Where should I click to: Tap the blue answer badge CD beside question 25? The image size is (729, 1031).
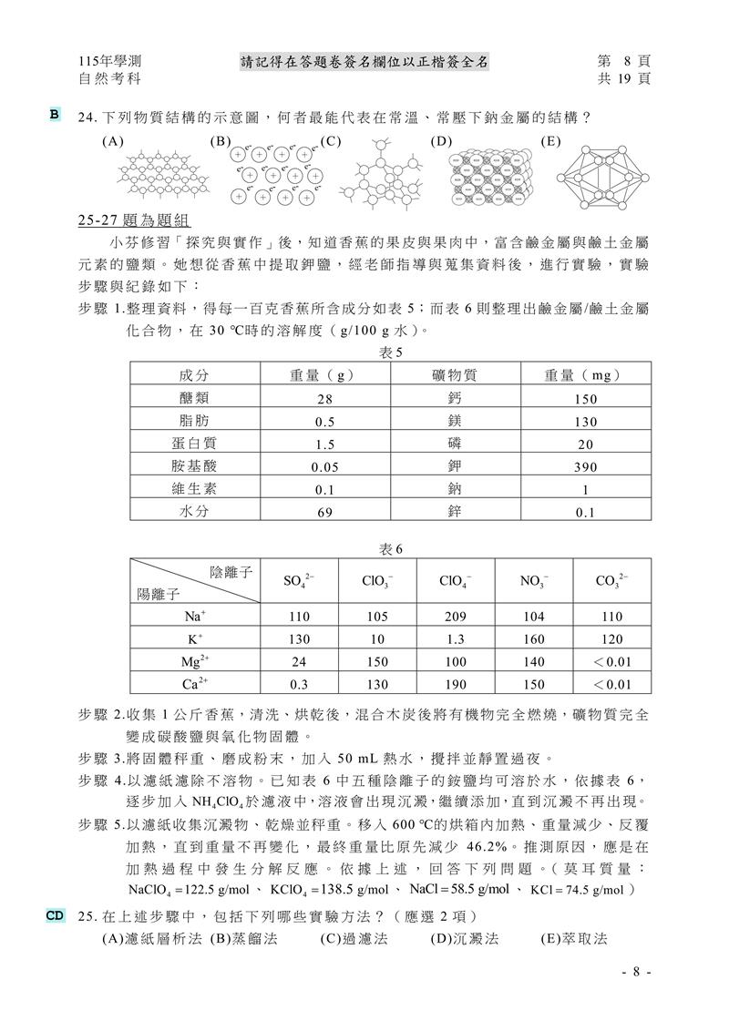click(56, 914)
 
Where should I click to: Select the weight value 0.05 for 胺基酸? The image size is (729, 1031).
click(325, 466)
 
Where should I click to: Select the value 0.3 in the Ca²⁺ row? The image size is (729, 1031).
click(298, 684)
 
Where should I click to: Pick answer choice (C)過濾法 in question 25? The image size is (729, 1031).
click(358, 938)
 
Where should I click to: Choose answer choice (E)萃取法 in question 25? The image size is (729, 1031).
click(574, 938)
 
